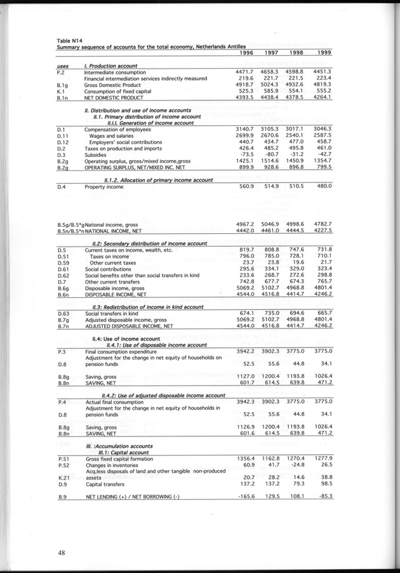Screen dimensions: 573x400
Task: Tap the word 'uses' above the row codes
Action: (62, 66)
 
